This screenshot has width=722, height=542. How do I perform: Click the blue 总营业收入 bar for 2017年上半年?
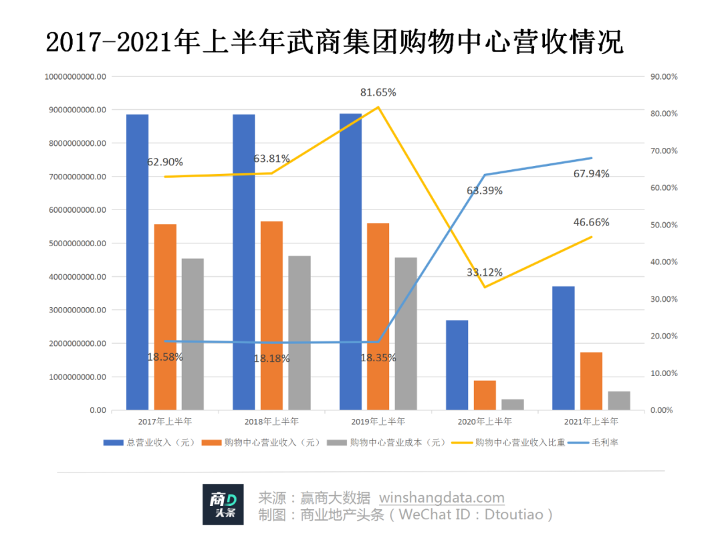point(137,262)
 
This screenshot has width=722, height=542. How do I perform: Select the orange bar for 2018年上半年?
point(271,315)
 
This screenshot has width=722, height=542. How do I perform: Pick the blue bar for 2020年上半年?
point(457,365)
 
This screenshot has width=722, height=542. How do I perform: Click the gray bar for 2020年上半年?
point(513,404)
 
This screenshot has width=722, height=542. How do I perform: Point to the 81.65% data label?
point(378,92)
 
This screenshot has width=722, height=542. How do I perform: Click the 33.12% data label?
point(485,272)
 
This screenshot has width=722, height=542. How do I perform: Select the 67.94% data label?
point(592,174)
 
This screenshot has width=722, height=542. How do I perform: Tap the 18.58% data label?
point(165,357)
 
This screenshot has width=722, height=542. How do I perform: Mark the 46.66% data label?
point(592,222)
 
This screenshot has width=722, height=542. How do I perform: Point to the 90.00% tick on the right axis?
point(664,77)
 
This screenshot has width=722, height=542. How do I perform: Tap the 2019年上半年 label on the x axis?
point(378,422)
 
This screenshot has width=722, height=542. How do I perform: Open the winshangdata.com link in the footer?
point(442,499)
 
